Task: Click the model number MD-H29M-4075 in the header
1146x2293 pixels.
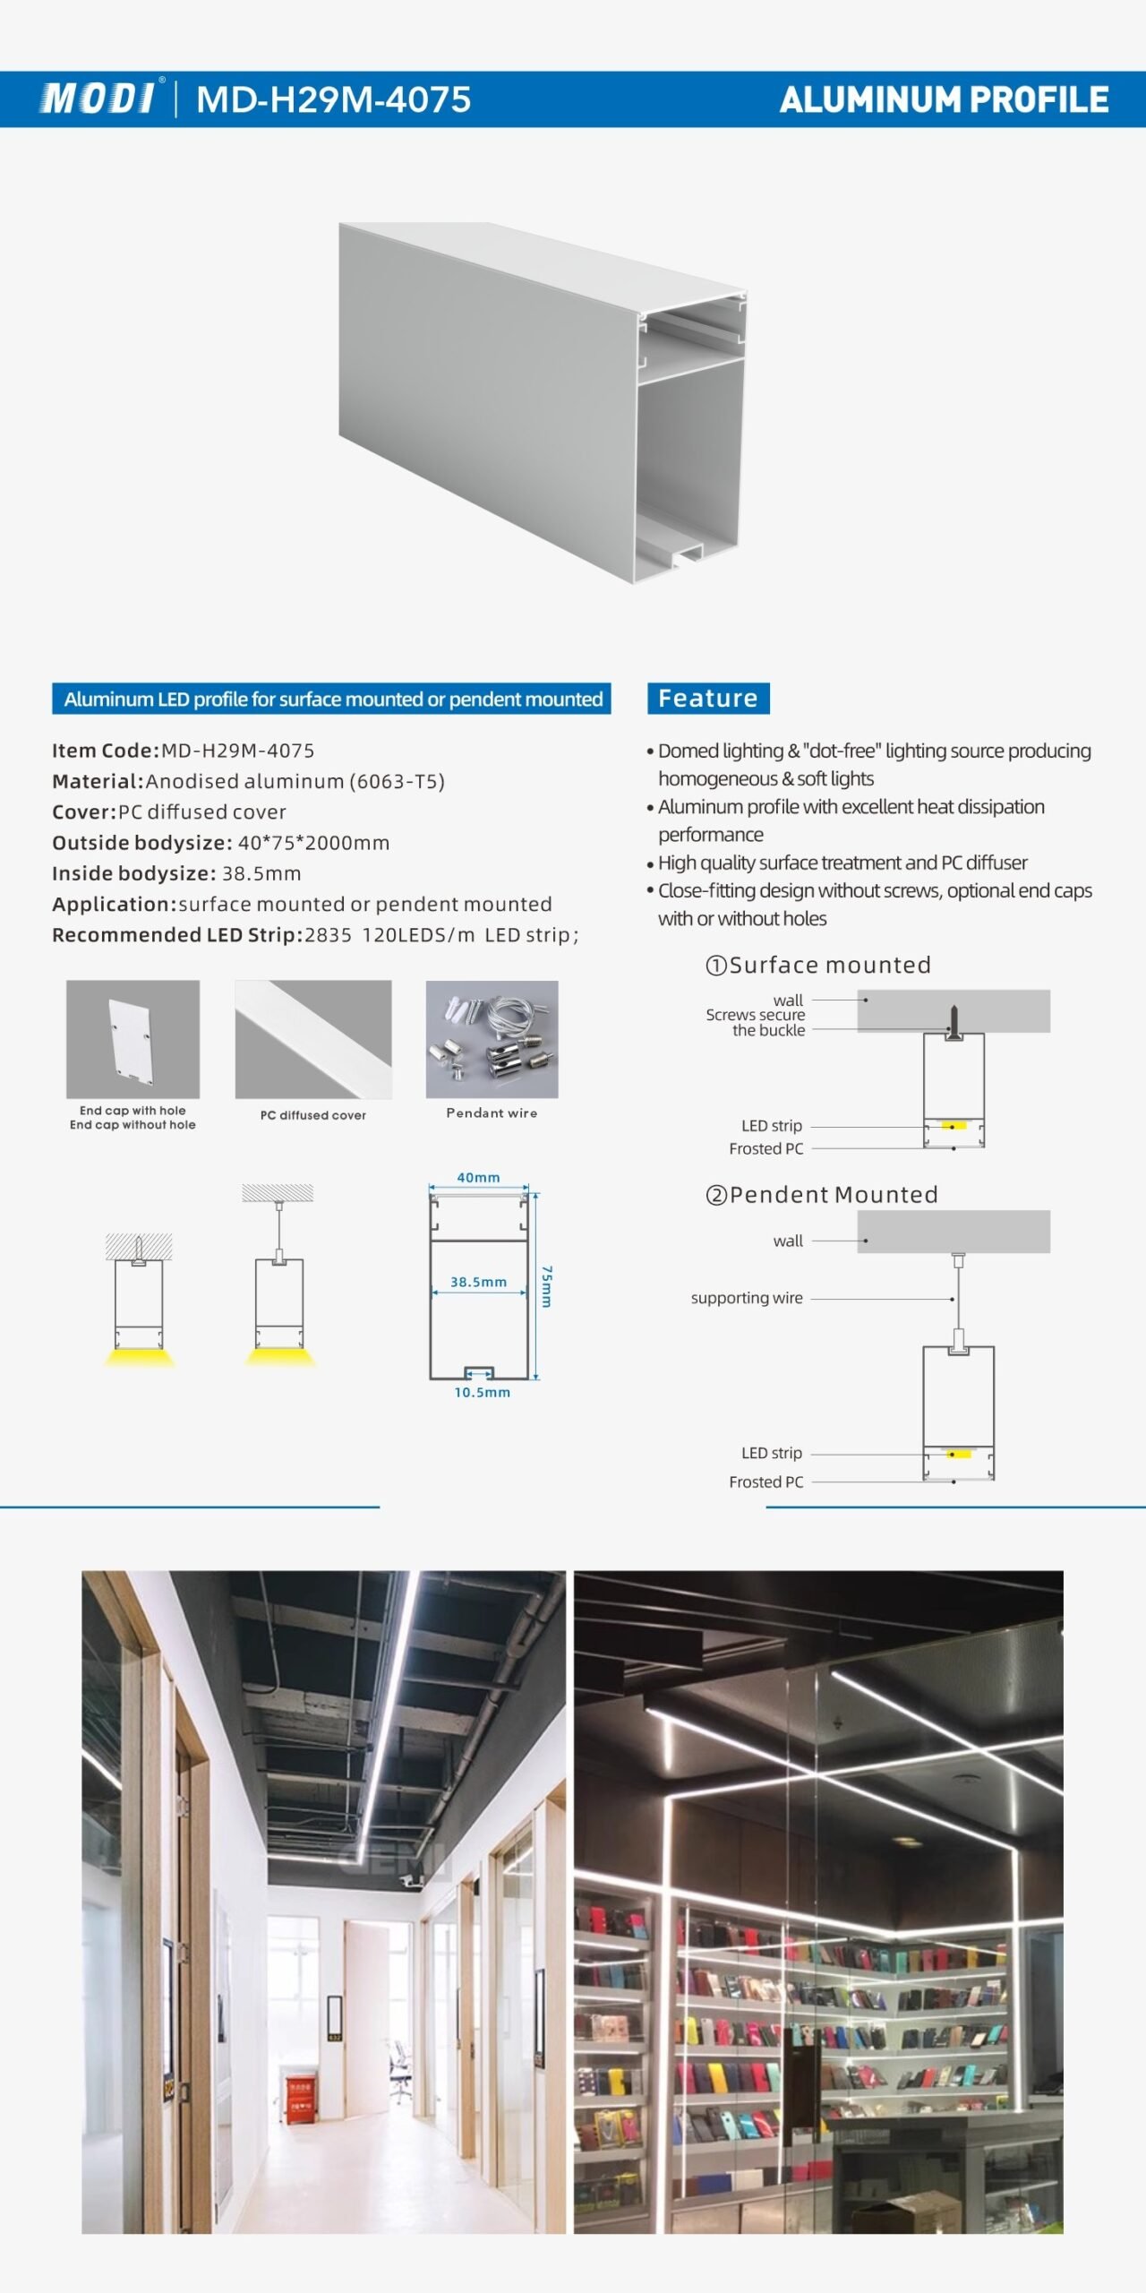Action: (333, 99)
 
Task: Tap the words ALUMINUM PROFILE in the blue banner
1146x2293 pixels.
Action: (944, 99)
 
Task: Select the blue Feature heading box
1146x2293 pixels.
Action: (708, 699)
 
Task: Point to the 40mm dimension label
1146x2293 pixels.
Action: (478, 1178)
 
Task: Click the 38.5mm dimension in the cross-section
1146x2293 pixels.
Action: (478, 1282)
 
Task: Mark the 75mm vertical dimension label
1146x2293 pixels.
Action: (546, 1286)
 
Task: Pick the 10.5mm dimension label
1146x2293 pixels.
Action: (482, 1393)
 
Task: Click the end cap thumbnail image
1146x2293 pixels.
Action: (133, 1039)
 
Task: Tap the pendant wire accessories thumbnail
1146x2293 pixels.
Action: (492, 1039)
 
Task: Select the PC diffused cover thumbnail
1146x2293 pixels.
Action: (312, 1039)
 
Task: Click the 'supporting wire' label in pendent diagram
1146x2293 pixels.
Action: (747, 1298)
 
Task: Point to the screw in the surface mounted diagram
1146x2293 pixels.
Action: (954, 1019)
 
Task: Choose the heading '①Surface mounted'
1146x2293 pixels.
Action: (818, 965)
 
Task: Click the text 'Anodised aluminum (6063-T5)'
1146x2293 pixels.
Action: (295, 781)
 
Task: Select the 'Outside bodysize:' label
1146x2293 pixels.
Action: (142, 843)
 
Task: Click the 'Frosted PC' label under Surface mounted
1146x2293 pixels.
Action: (765, 1149)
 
